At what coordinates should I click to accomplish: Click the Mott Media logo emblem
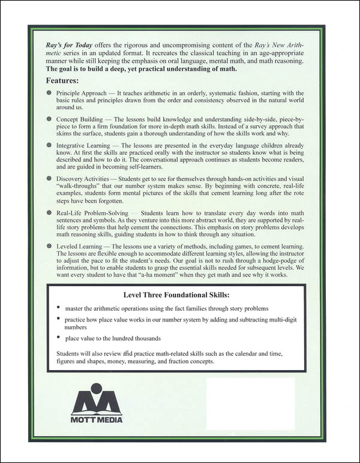pos(97,398)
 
